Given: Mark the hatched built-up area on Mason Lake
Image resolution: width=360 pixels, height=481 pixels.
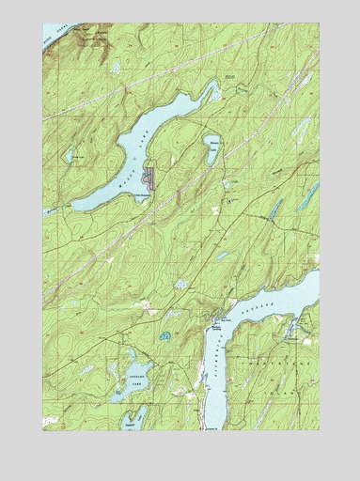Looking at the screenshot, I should click(148, 176).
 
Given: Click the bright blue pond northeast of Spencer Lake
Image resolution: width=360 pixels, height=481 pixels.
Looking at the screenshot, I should click(164, 335).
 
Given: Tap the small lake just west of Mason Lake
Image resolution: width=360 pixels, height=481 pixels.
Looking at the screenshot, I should click(70, 154).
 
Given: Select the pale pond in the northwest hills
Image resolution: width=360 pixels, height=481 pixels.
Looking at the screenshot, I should click(115, 68).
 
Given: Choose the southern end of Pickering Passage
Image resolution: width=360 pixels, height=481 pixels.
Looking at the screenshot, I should click(201, 423).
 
